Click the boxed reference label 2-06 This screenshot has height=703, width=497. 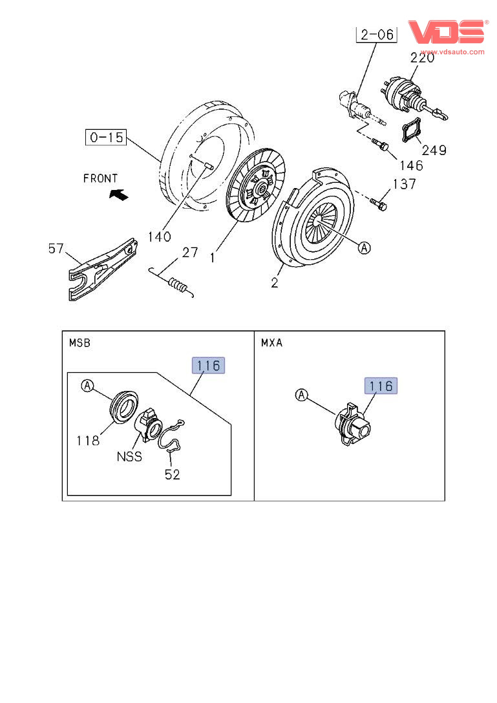[x=376, y=34]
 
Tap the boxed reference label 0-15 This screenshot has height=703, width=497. [x=107, y=138]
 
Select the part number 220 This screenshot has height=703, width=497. [x=422, y=58]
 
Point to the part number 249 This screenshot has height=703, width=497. [x=434, y=150]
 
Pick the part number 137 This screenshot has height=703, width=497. [x=405, y=184]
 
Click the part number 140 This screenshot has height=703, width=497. [x=158, y=236]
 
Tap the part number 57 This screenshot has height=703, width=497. [x=57, y=249]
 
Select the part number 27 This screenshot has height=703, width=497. [x=189, y=252]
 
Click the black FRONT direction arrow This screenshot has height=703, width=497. [x=118, y=194]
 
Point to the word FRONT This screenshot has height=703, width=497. [x=100, y=178]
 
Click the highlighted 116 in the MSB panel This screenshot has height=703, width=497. [x=209, y=366]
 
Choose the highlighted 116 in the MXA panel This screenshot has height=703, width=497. [x=381, y=386]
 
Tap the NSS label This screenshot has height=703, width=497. [x=129, y=456]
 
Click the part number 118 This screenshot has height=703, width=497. [x=87, y=441]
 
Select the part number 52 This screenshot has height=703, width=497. [x=171, y=474]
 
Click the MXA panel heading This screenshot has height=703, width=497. [x=272, y=342]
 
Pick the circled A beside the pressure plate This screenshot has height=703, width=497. [x=365, y=247]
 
